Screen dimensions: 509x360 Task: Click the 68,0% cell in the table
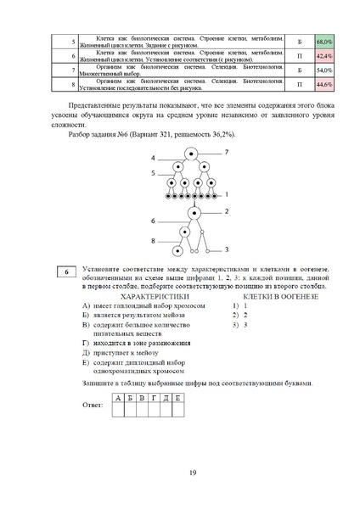click(x=323, y=41)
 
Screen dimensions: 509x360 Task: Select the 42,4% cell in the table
click(x=323, y=55)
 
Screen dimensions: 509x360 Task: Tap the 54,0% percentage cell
click(x=323, y=70)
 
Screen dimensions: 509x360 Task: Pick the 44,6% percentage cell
click(x=323, y=85)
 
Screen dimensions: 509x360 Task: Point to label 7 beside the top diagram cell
click(x=227, y=151)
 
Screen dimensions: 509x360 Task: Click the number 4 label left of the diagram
click(x=153, y=159)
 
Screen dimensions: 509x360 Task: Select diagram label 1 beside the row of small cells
click(x=227, y=194)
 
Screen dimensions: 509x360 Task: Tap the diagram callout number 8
click(x=153, y=241)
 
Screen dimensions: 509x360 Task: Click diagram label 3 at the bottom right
click(x=227, y=250)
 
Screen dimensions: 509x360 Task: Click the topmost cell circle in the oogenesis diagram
click(x=192, y=155)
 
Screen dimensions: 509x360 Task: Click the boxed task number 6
click(x=67, y=271)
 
